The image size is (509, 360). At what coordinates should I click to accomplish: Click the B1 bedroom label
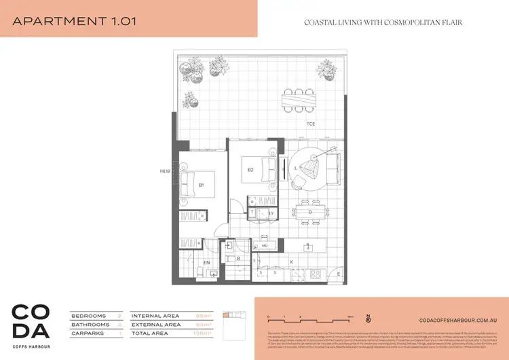pyautogui.click(x=202, y=185)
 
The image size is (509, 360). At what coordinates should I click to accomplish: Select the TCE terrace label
pyautogui.click(x=310, y=124)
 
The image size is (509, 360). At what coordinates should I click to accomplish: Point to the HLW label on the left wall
pyautogui.click(x=164, y=171)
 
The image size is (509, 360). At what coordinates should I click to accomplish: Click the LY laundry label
pyautogui.click(x=271, y=213)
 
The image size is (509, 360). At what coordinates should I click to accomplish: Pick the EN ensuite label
pyautogui.click(x=207, y=262)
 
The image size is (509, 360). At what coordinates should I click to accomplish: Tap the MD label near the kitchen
pyautogui.click(x=265, y=245)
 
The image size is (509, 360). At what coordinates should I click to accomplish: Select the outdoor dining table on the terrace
pyautogui.click(x=299, y=101)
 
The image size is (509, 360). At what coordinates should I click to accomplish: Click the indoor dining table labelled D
pyautogui.click(x=310, y=212)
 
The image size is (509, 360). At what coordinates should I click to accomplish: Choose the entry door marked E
pyautogui.click(x=338, y=274)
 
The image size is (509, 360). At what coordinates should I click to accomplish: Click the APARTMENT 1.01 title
pyautogui.click(x=75, y=21)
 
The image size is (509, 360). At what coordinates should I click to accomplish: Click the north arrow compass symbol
pyautogui.click(x=367, y=317)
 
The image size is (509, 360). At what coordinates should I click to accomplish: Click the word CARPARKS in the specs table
pyautogui.click(x=89, y=334)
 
